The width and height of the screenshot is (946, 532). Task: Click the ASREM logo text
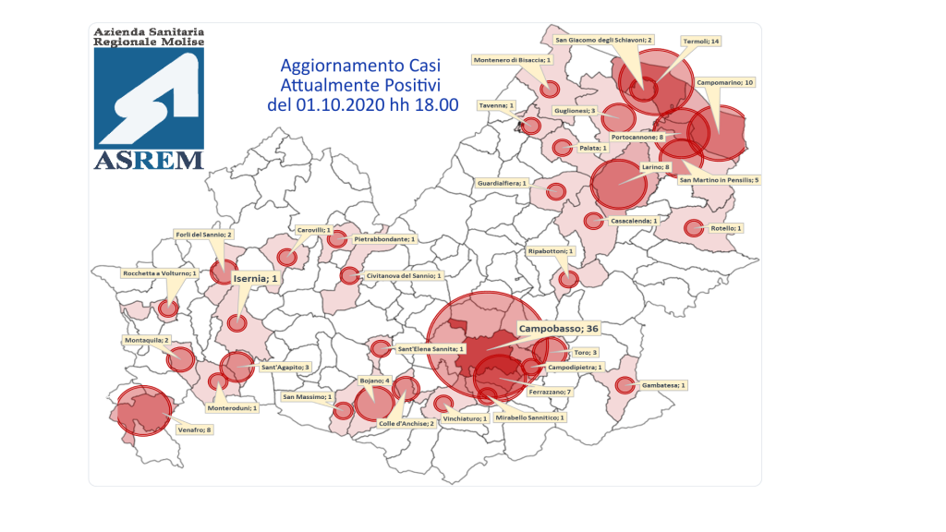click(x=148, y=160)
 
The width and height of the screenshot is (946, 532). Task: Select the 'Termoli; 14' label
click(x=700, y=42)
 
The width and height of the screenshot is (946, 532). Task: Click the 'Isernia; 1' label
click(x=256, y=278)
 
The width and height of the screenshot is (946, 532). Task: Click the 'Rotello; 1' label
click(x=726, y=227)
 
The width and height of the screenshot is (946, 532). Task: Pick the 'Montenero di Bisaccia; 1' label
click(x=512, y=60)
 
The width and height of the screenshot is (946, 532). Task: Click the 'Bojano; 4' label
click(x=374, y=381)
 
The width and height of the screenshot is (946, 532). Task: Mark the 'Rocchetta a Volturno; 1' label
click(x=160, y=273)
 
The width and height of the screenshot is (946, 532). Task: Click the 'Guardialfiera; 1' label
click(x=502, y=183)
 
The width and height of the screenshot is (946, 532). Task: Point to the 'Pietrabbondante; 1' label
click(x=386, y=238)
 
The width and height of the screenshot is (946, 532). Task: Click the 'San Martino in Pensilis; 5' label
click(x=720, y=179)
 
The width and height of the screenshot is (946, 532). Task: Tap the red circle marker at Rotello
click(x=693, y=228)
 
